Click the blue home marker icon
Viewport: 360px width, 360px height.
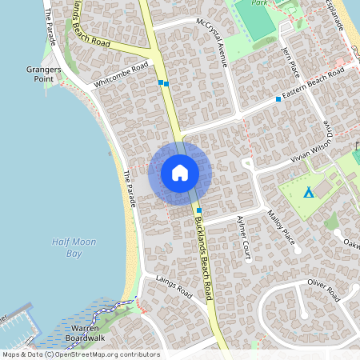(x=180, y=173)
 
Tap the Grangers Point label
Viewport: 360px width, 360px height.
(x=38, y=74)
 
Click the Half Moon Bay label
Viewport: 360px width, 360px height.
(x=67, y=247)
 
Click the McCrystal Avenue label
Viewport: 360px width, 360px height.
(x=214, y=40)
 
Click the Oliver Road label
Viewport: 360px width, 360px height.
(x=325, y=287)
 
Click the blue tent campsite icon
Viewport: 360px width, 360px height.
(x=308, y=193)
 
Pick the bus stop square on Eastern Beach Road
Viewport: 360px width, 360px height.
(x=278, y=99)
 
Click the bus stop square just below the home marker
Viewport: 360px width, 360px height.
(x=198, y=210)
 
